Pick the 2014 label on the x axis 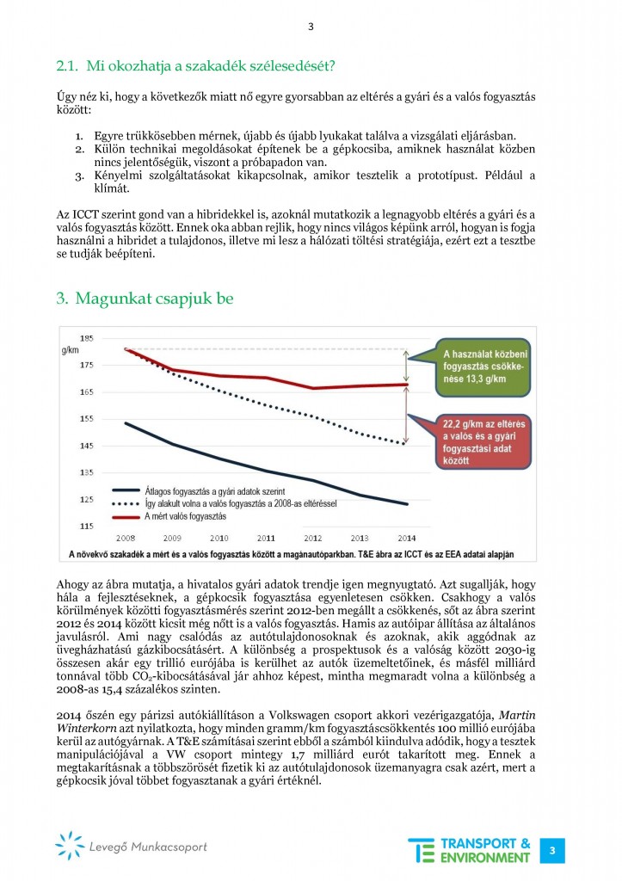(x=403, y=538)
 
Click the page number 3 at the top (x=311, y=27)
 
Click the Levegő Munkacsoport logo (x=131, y=847)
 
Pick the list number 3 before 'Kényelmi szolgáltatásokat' (x=77, y=176)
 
